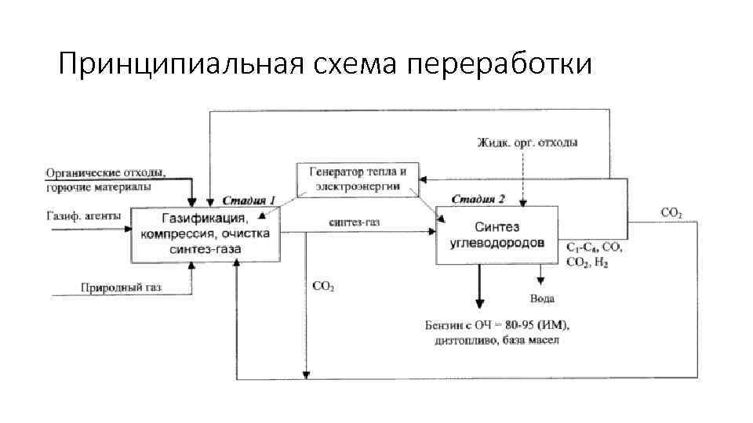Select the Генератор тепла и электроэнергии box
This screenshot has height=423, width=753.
pos(357,179)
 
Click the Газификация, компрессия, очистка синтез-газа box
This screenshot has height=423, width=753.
pos(205,234)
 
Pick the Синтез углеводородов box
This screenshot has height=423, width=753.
pos(497,234)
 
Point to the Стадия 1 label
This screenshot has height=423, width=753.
pos(249,201)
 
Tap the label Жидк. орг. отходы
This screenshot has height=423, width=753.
pos(528,143)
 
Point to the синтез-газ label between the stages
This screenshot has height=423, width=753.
pos(354,222)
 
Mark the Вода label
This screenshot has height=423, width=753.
pos(542,298)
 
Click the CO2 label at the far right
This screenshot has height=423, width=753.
pos(671,212)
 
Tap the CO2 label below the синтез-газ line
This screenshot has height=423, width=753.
pos(323,287)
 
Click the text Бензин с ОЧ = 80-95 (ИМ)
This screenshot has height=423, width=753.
pos(494,325)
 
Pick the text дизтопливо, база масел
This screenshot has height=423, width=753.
pos(495,341)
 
